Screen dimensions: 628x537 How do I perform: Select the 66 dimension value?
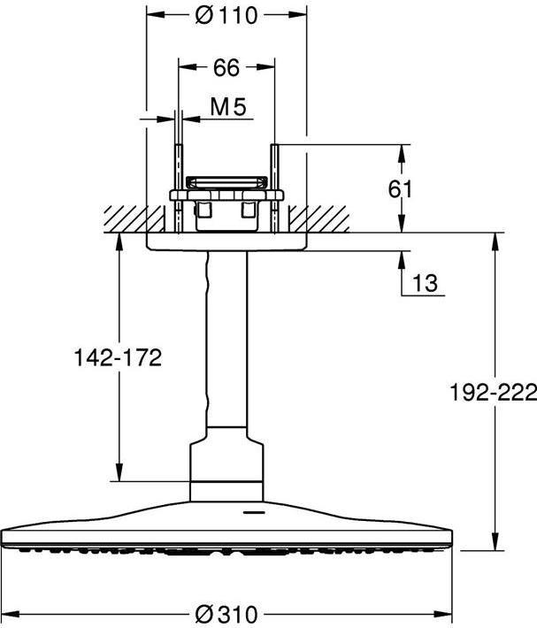tap(226, 66)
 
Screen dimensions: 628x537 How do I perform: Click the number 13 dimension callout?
tap(426, 283)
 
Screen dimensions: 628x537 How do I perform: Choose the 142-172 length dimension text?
tap(119, 357)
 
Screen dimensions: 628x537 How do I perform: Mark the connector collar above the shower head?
tap(227, 464)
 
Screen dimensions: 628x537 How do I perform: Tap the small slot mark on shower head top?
tap(253, 512)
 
